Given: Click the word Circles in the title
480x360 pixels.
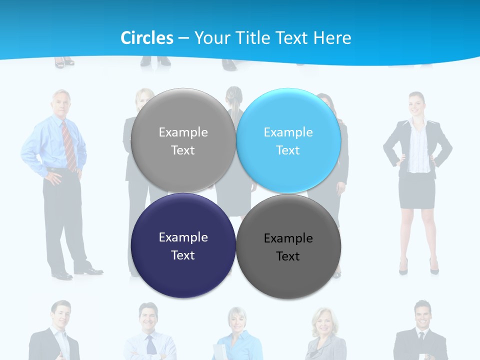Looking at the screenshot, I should pyautogui.click(x=146, y=38).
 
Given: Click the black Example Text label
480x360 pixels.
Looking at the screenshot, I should pyautogui.click(x=288, y=247).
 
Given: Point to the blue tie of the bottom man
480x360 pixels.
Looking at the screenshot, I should pyautogui.click(x=151, y=345).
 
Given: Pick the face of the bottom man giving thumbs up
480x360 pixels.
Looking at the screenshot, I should pyautogui.click(x=61, y=315).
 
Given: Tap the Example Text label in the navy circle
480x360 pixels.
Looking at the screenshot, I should pyautogui.click(x=183, y=246).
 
